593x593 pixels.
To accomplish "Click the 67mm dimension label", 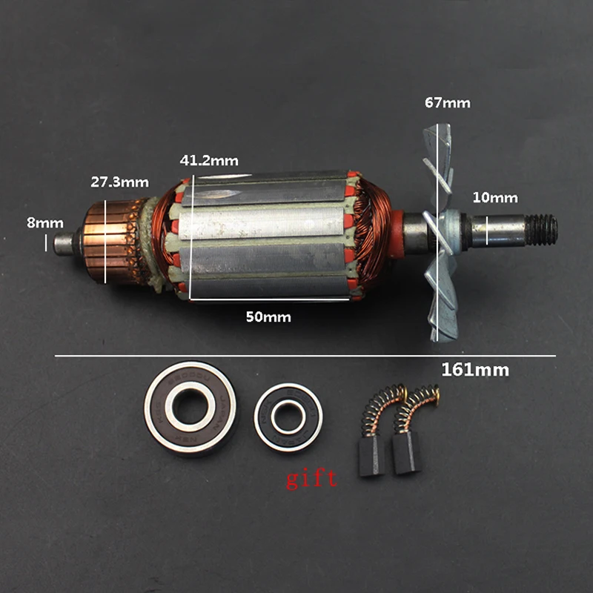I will click(446, 103).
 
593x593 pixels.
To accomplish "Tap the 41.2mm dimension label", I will click(209, 160).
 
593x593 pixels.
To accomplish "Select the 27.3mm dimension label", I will click(119, 182).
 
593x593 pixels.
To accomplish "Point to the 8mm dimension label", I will click(45, 222).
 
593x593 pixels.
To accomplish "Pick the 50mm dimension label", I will click(268, 317).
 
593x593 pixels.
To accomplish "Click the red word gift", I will click(311, 478).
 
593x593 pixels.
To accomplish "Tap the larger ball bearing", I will click(191, 409).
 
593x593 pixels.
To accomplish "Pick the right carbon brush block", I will click(406, 453).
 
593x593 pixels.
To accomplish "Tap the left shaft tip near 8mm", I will click(64, 242).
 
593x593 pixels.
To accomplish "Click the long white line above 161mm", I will click(305, 357).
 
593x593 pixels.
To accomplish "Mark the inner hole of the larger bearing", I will click(191, 409).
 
